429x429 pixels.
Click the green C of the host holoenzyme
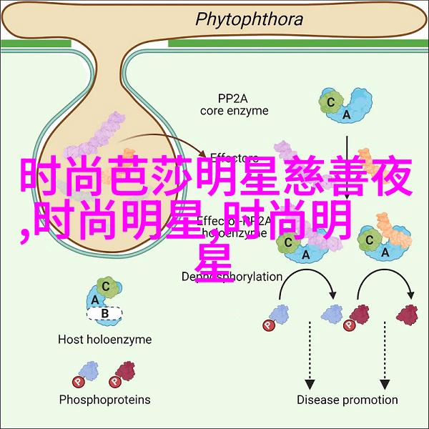pyautogui.click(x=107, y=286)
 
